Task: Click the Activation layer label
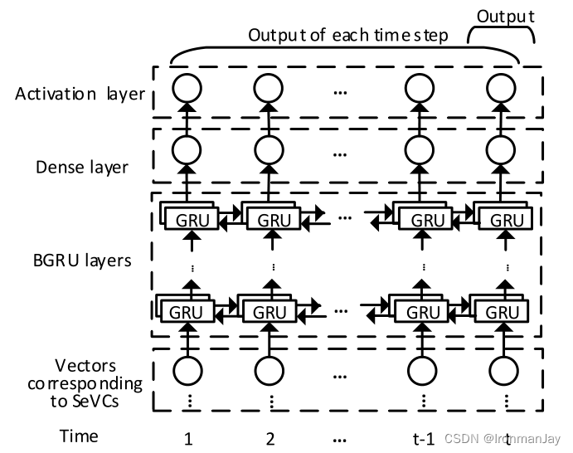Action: point(80,94)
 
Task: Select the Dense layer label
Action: point(81,167)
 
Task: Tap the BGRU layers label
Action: point(76,261)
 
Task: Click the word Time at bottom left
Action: point(79,436)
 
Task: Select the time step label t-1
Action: point(424,437)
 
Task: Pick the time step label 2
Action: point(270,437)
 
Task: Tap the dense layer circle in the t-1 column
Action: point(423,150)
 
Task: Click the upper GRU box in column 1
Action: point(191,221)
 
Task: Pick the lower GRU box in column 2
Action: point(271,313)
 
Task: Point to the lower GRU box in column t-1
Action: point(427,313)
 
